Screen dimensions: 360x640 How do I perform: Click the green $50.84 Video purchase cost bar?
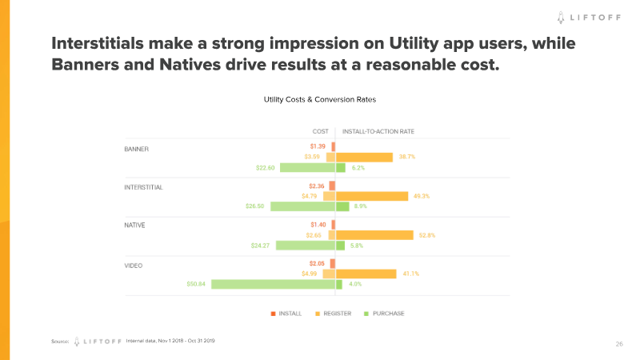pos(273,284)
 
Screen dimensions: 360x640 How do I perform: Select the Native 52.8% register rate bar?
pos(374,235)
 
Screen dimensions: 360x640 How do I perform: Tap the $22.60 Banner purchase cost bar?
pos(307,168)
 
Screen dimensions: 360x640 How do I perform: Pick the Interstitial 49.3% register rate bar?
pos(371,196)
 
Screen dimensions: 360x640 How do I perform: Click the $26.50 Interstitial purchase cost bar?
pos(302,206)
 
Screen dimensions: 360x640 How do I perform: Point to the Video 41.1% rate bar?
pos(366,274)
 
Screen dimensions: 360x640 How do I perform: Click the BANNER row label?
pos(137,149)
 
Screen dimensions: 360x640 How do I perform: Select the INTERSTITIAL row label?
pos(144,187)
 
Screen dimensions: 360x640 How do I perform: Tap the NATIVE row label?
pos(135,226)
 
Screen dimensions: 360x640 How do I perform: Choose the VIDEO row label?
pos(134,264)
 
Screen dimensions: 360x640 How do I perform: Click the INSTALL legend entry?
pos(286,314)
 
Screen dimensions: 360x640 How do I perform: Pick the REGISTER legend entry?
pos(333,314)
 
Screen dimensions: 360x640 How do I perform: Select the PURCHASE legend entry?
pos(384,314)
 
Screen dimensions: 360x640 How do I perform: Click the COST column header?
pos(320,131)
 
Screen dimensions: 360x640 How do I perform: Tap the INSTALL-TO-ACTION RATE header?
pos(378,131)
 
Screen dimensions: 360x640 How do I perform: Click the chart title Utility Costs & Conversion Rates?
pos(320,100)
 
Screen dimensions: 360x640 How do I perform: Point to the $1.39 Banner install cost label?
pos(318,147)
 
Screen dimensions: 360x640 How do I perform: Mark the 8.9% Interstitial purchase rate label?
pos(360,206)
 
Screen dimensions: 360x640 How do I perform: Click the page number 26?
pos(619,344)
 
